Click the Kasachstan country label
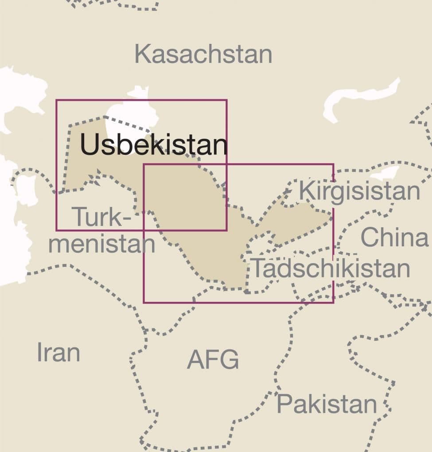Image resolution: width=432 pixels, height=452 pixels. [x=203, y=55]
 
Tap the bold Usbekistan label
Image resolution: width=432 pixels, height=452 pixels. [x=153, y=145]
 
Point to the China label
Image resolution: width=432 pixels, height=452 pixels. [x=394, y=237]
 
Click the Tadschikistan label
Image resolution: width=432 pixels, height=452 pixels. [x=331, y=269]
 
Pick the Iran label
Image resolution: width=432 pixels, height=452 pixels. [x=58, y=352]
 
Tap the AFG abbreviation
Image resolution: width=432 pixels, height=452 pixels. [x=213, y=359]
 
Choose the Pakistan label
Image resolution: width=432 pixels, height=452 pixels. [x=327, y=404]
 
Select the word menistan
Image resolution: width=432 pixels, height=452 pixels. [x=101, y=244]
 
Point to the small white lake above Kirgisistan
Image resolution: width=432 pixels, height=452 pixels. [x=385, y=174]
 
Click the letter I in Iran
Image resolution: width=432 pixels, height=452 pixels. [x=39, y=352]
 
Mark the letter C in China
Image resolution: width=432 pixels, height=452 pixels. [x=369, y=237]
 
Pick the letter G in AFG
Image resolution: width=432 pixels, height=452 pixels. [x=230, y=359]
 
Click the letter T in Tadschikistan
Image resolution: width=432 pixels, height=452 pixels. [x=258, y=269]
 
